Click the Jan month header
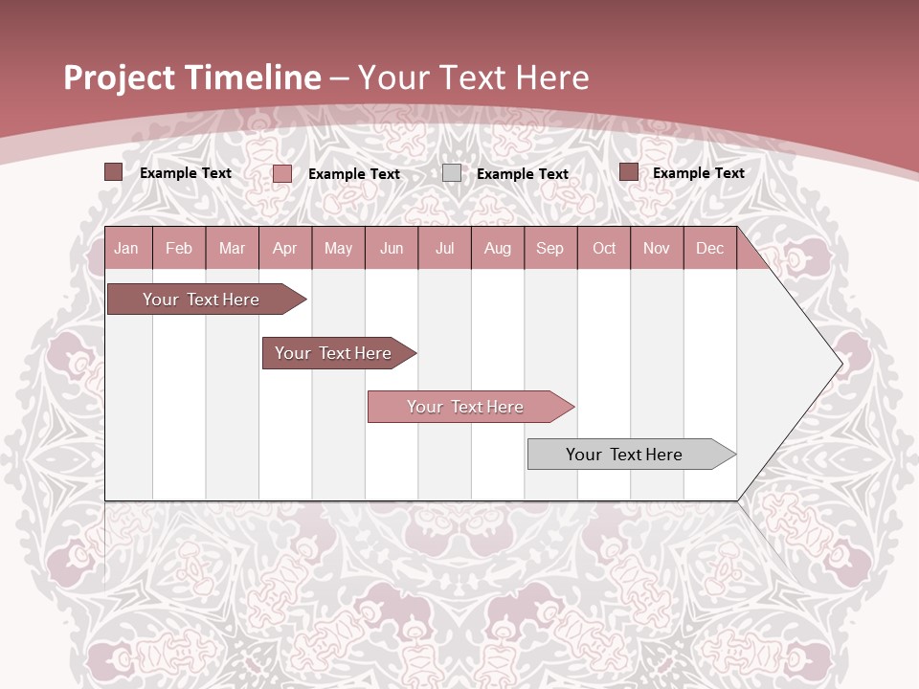click(126, 249)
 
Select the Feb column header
click(179, 249)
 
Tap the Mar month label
click(232, 249)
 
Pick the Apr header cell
click(284, 249)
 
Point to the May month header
click(338, 249)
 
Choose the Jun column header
click(392, 249)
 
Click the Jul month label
click(444, 249)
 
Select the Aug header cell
click(497, 249)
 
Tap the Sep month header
click(549, 249)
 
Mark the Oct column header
click(604, 249)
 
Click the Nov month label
click(657, 249)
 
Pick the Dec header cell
click(709, 249)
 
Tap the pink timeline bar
click(466, 407)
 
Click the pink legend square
click(282, 173)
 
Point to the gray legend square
click(452, 173)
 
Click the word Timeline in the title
click(254, 78)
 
